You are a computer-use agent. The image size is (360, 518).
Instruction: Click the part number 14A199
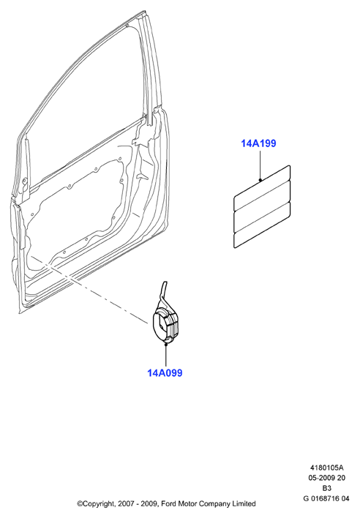click(x=258, y=143)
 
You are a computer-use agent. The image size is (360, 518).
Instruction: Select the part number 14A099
click(x=165, y=372)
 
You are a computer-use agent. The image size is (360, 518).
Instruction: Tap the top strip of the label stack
click(x=262, y=187)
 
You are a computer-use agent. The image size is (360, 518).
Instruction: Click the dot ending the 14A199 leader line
click(x=260, y=180)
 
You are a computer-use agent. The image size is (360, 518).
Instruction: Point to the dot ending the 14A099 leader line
click(x=166, y=344)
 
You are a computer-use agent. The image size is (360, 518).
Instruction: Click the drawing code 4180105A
click(x=326, y=468)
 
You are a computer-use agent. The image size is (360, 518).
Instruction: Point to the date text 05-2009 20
click(x=326, y=478)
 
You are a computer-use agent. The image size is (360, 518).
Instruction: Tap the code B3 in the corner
click(x=326, y=488)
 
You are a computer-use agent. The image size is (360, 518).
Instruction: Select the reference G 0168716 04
click(x=326, y=498)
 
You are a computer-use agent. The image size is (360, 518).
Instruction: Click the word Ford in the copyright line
click(x=169, y=504)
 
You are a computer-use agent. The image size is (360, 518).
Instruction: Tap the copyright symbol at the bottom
click(x=80, y=504)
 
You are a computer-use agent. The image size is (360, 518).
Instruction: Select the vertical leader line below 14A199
click(x=260, y=165)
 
